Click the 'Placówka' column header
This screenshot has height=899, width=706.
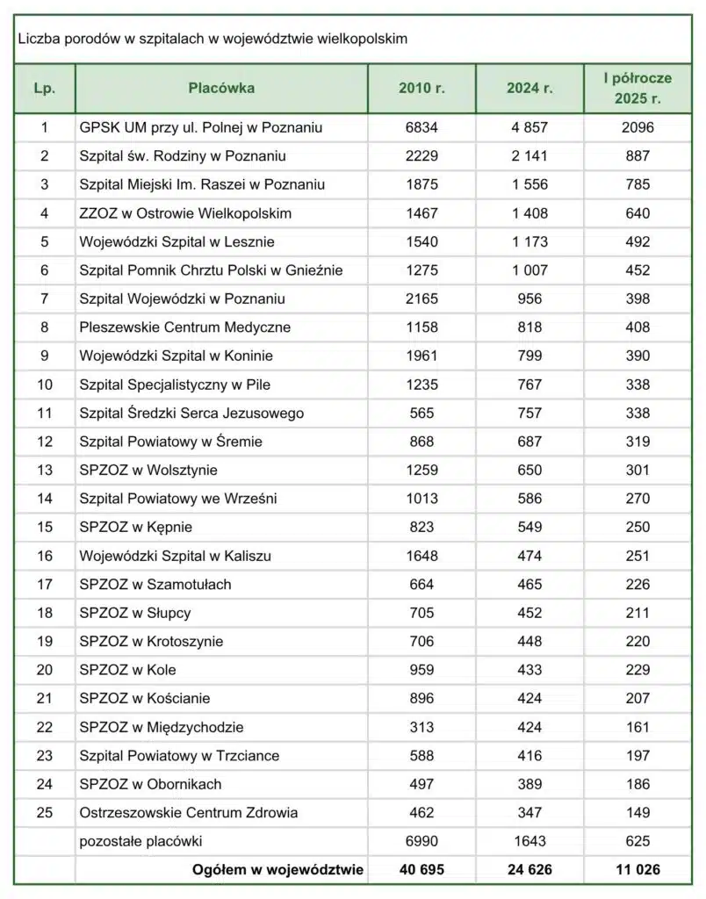pyautogui.click(x=221, y=88)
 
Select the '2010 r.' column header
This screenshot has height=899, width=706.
pyautogui.click(x=421, y=88)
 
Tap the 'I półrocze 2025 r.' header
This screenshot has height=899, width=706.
pyautogui.click(x=638, y=88)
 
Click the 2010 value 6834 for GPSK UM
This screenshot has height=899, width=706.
pyautogui.click(x=421, y=127)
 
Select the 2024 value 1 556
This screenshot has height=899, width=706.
pyautogui.click(x=529, y=184)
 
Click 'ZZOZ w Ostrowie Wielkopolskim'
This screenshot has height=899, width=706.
pyautogui.click(x=185, y=213)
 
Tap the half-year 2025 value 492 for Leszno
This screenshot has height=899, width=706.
pyautogui.click(x=638, y=241)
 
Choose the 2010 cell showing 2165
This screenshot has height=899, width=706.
pyautogui.click(x=421, y=298)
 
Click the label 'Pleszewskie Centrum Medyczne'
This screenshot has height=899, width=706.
pyautogui.click(x=184, y=327)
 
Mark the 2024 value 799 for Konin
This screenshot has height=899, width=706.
pyautogui.click(x=529, y=356)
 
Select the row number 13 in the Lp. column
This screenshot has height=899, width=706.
pyautogui.click(x=45, y=470)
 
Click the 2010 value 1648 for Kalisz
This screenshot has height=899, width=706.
pyautogui.click(x=421, y=556)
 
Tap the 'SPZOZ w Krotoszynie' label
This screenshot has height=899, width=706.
pyautogui.click(x=151, y=641)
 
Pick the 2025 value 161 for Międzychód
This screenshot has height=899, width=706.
pyautogui.click(x=638, y=727)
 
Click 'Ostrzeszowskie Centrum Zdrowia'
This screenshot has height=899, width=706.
pyautogui.click(x=188, y=812)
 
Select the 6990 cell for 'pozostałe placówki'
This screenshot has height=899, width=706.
pyautogui.click(x=421, y=841)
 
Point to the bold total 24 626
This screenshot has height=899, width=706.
pyautogui.click(x=529, y=870)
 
